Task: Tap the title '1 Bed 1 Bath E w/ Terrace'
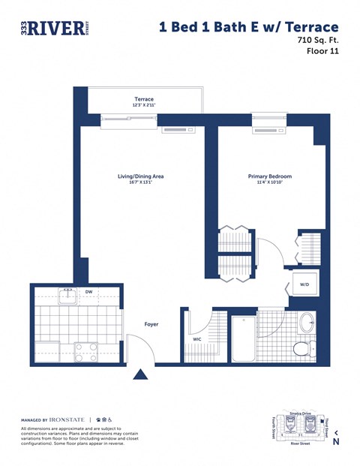pos(243,28)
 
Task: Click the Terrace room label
pos(144,99)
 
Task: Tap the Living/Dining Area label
pos(140,176)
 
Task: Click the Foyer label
pos(151,324)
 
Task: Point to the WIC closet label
pos(198,339)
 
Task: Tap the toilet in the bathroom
pos(302,348)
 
